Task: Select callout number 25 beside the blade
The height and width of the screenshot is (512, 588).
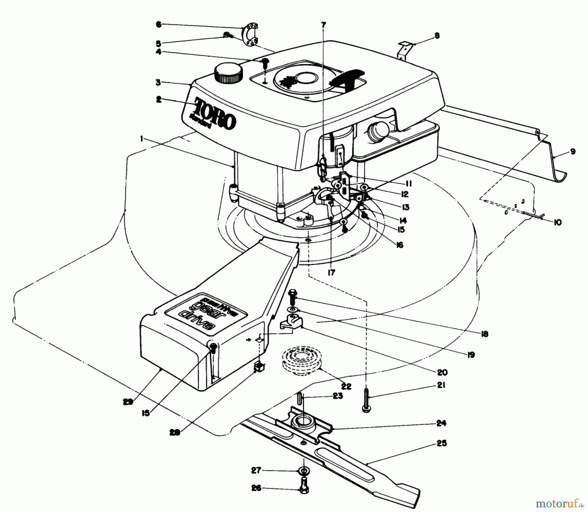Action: point(442,444)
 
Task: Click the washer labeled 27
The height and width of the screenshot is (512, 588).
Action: point(304,471)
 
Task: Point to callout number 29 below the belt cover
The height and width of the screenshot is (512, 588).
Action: point(128,402)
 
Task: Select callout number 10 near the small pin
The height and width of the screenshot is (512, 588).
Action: point(557,223)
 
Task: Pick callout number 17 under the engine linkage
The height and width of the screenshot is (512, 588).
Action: point(331,272)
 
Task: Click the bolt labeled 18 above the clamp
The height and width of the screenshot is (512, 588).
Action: point(293,298)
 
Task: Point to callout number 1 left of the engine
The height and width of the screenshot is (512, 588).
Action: point(142,139)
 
